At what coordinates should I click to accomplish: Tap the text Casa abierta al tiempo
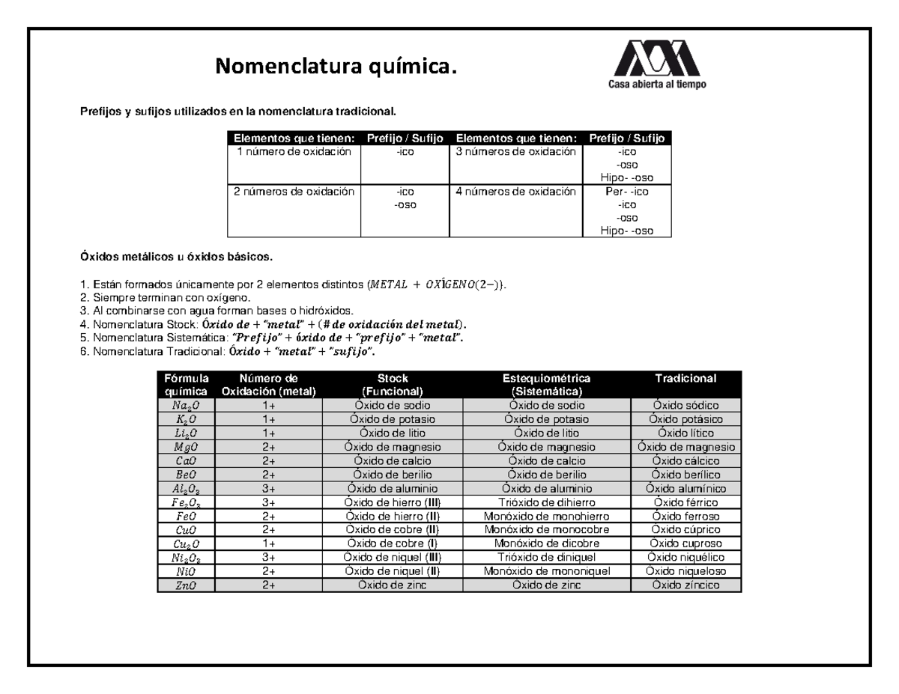656,85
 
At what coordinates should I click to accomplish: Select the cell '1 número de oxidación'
294,152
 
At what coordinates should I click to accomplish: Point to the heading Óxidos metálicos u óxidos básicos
177,258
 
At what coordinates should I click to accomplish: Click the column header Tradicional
685,379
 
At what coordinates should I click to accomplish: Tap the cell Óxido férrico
685,502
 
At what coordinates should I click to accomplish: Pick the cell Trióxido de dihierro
547,502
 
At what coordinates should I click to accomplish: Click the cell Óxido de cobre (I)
393,544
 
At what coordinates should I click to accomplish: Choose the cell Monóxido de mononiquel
547,571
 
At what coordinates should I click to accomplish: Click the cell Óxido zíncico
685,585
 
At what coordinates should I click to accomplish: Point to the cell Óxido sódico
685,405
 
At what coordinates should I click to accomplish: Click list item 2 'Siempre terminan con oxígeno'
155,297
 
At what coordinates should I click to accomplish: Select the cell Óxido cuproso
685,544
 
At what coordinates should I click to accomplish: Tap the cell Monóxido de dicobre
547,544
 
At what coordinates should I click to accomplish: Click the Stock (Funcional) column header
393,385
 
